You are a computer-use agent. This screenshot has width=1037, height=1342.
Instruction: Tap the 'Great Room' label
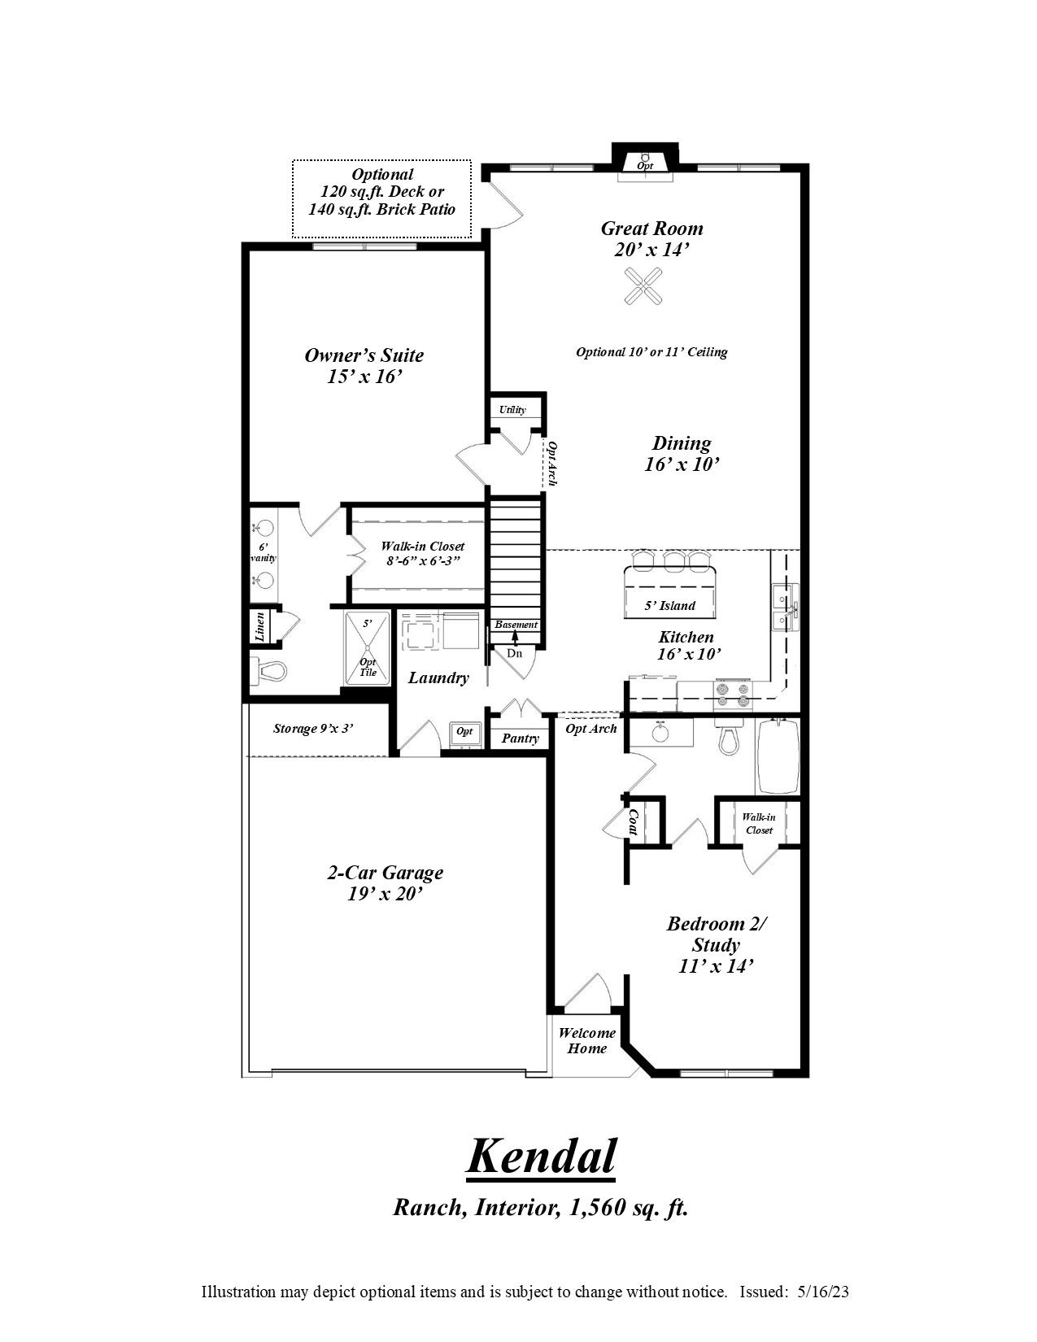coord(651,229)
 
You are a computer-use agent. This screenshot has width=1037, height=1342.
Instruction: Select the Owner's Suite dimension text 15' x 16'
coord(364,377)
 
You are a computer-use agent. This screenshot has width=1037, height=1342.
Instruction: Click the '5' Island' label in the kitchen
coord(669,605)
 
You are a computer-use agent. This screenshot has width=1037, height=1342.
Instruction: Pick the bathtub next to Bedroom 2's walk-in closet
coord(778,756)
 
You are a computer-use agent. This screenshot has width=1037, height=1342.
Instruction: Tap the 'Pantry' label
coord(520,739)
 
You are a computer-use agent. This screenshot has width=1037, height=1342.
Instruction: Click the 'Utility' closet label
coord(512,410)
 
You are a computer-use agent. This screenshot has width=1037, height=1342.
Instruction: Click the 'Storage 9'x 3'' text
coord(313,729)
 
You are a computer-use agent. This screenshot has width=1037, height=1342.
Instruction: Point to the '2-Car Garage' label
coord(385,873)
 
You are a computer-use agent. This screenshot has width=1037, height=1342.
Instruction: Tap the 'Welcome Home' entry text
coord(586,1041)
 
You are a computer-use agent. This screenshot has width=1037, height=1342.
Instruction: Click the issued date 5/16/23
coord(823,1292)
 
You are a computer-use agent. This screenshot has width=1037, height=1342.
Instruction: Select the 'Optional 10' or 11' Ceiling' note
coord(651,352)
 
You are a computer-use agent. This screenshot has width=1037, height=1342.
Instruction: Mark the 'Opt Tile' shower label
coord(368,668)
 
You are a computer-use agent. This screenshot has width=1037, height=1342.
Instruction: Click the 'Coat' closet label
coord(633,821)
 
